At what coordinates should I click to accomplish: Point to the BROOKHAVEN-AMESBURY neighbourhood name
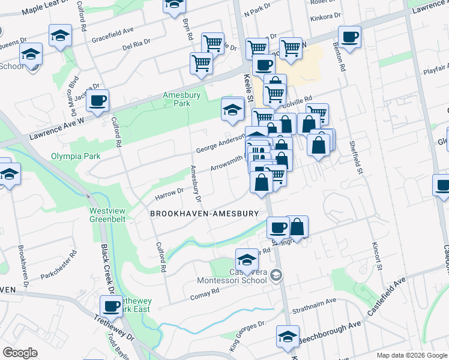pos(204,214)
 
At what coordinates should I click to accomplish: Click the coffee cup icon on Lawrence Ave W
pos(97,100)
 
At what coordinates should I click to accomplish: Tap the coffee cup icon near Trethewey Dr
pos(111,306)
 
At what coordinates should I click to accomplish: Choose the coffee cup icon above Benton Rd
pos(349,37)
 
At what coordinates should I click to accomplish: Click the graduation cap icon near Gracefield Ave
pos(60,35)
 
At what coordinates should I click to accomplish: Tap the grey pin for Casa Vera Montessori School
pos(276,276)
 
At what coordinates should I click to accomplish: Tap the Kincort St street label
pos(378,254)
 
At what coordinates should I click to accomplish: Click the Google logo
pos(20,353)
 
